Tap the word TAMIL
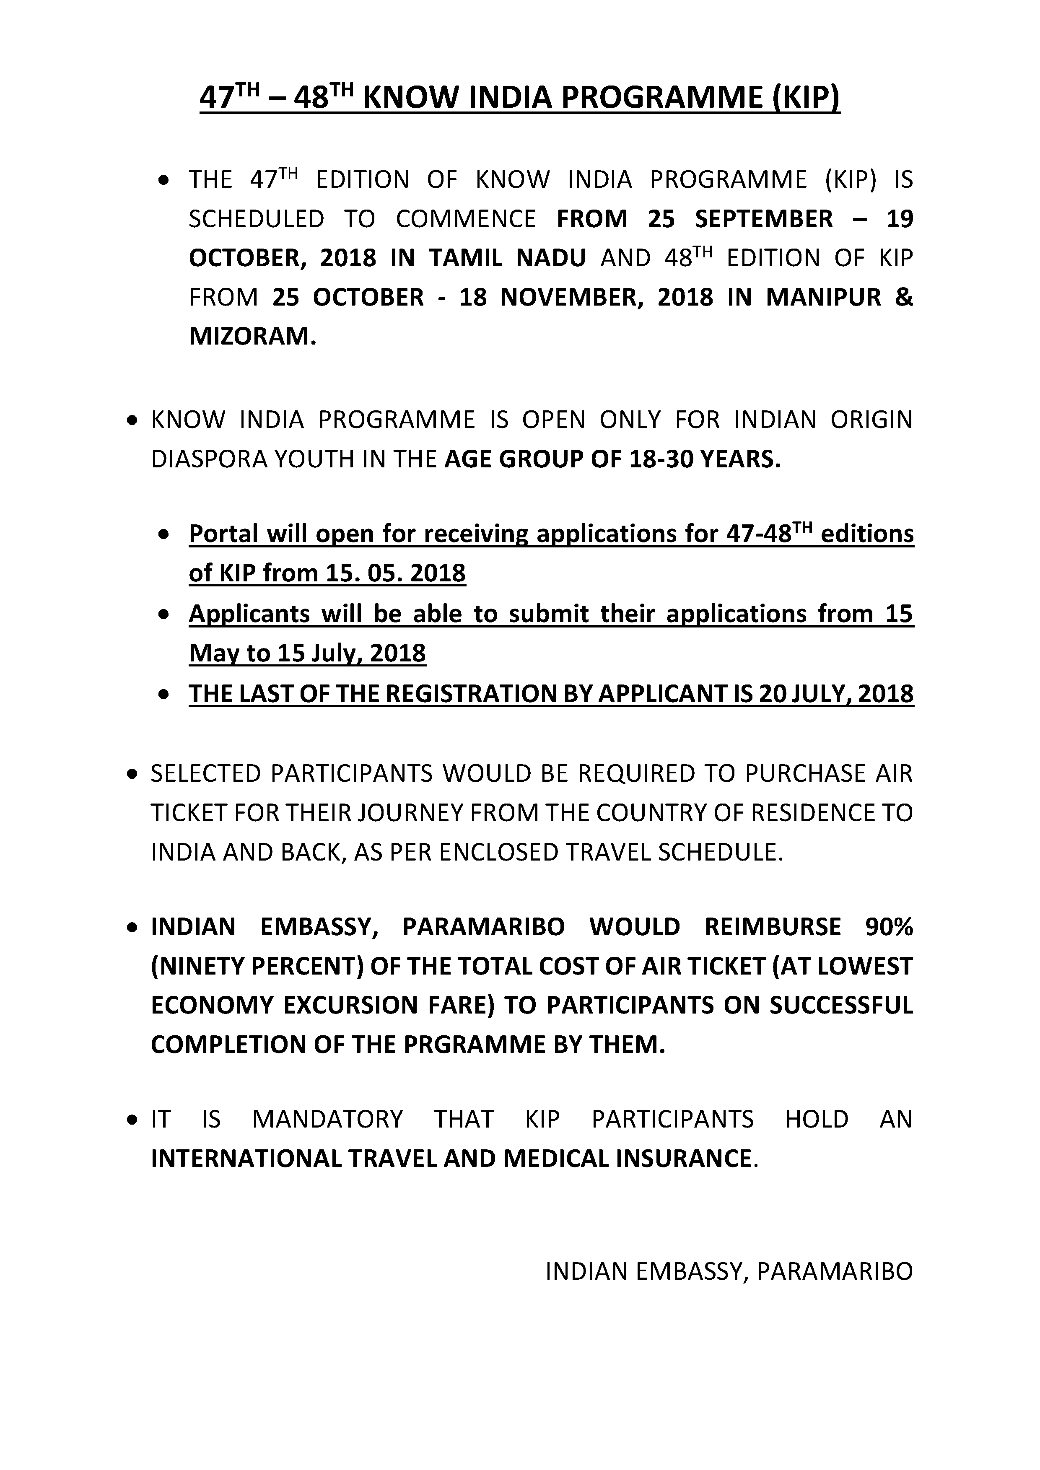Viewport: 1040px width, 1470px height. (x=464, y=259)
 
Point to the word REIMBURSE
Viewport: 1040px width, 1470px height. (x=772, y=927)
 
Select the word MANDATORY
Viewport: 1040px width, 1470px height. (x=328, y=1119)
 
